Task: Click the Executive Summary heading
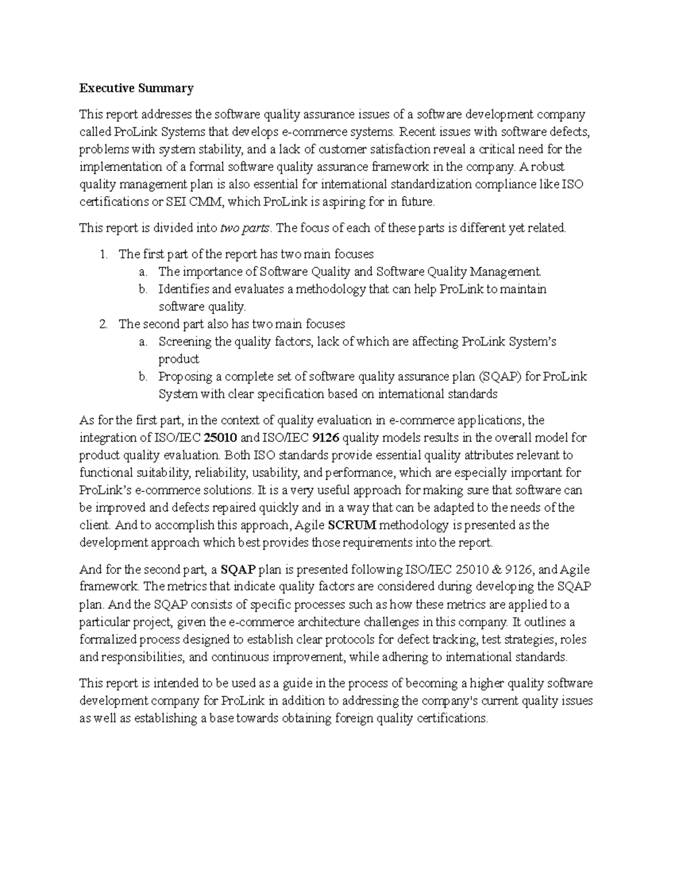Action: tap(136, 88)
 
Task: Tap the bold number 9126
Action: tap(325, 438)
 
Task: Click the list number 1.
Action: tap(103, 254)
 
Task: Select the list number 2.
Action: tap(103, 324)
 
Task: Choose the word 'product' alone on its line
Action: tap(178, 359)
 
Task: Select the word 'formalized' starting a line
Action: tap(108, 639)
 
